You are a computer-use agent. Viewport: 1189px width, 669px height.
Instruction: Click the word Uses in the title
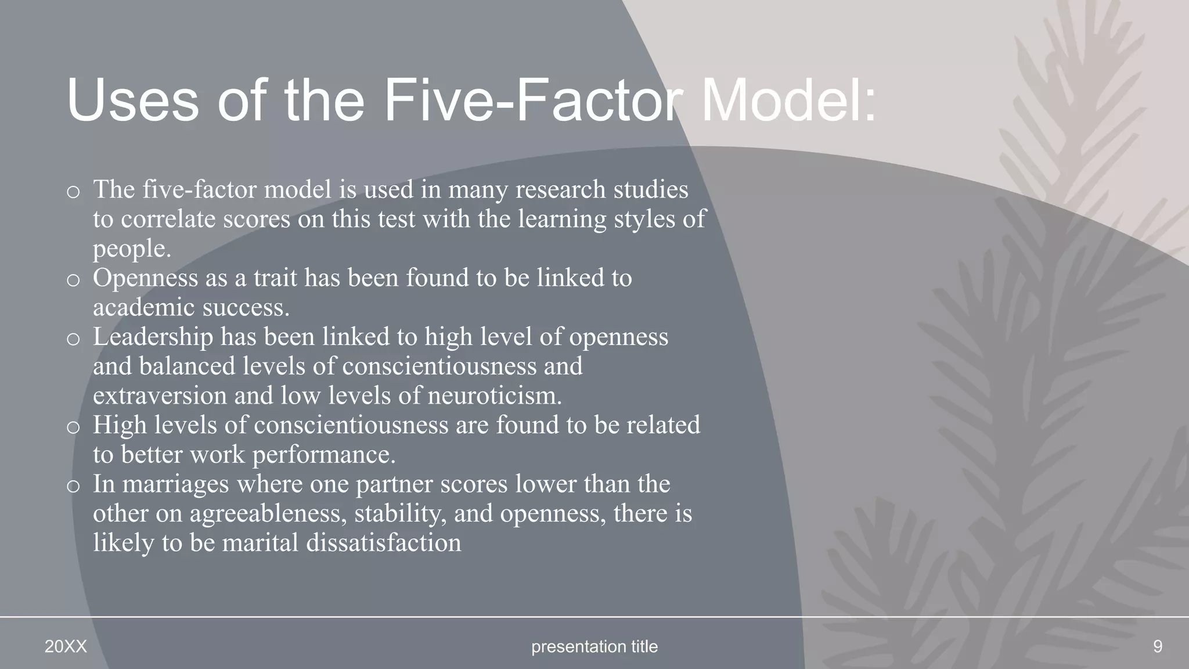pos(133,100)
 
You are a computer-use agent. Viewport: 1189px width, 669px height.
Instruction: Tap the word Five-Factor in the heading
pos(534,100)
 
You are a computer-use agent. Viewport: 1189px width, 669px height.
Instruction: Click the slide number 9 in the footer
pos(1157,646)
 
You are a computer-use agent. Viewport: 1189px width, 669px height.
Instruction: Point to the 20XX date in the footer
pos(66,646)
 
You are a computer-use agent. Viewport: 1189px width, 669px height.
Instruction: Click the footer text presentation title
pos(594,646)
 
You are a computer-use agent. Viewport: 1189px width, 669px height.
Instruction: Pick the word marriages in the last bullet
pos(175,484)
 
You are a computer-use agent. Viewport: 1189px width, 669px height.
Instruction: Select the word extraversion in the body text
pos(160,396)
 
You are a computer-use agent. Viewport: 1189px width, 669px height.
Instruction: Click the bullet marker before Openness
pos(73,280)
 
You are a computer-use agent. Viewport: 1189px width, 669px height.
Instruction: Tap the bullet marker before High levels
pos(73,428)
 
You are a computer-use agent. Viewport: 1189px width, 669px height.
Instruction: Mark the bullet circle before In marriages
pos(73,487)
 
